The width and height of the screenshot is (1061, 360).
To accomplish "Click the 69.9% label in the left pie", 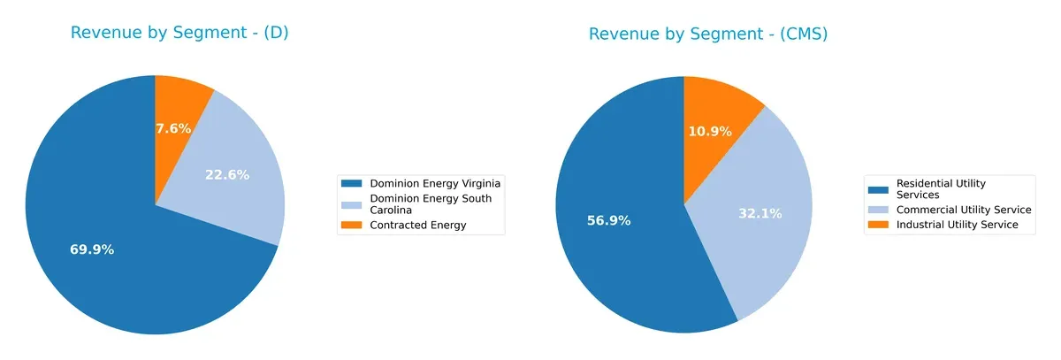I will [x=92, y=249].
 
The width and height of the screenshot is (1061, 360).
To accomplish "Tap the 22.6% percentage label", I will [x=227, y=175].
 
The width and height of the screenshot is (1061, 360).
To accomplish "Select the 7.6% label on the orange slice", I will [x=173, y=128].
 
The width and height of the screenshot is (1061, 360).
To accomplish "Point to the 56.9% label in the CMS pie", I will [x=608, y=220].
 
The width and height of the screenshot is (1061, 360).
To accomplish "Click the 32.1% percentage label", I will [x=760, y=213].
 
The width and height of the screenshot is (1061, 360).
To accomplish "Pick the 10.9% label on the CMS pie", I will [x=709, y=131].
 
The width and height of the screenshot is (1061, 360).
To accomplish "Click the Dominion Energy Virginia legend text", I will [x=435, y=183].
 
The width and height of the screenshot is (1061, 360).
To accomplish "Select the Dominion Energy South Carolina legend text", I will [x=431, y=204].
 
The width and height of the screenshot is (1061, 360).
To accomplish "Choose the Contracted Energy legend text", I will [x=417, y=226].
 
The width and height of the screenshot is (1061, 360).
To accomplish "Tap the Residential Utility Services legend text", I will [x=941, y=188].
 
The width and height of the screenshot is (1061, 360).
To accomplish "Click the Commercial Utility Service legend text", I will [x=964, y=210].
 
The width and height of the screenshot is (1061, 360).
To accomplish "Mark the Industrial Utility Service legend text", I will [x=958, y=226].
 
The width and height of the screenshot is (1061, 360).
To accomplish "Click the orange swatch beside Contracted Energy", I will [x=353, y=226].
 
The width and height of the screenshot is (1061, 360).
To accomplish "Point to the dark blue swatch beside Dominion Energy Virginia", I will [x=353, y=183].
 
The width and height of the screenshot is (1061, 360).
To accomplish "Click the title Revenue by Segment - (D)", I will [x=179, y=34].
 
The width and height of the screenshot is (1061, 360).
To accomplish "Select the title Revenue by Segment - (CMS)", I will [x=708, y=34].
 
